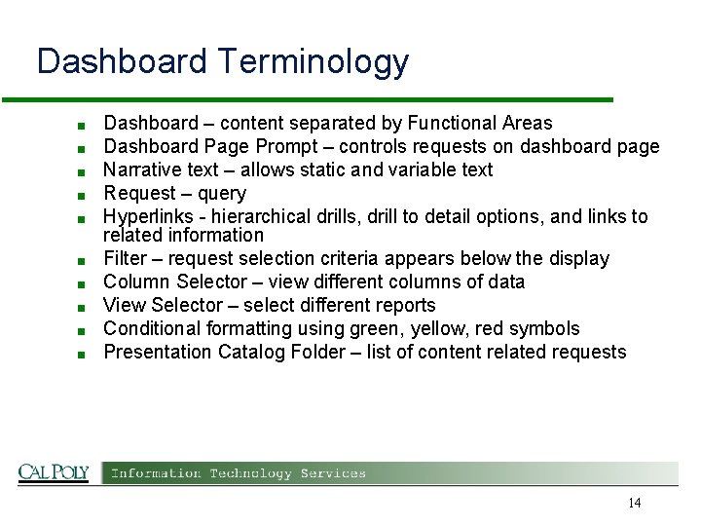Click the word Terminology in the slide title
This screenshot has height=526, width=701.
coord(313,62)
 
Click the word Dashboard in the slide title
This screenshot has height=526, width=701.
coord(122,62)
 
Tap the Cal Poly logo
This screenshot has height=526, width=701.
coord(54,472)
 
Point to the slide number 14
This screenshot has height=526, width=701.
coord(634,503)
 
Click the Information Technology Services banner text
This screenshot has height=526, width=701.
coord(239,473)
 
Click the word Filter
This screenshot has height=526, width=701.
coord(125,259)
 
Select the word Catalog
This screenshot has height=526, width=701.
coord(246,352)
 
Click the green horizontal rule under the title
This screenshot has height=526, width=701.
coord(307,99)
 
